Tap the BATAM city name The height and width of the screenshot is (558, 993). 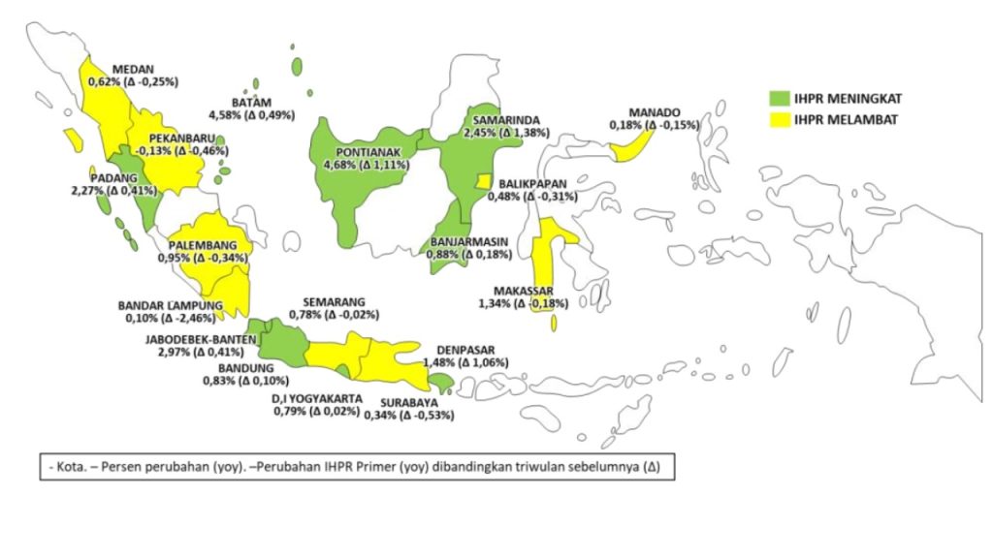[x=251, y=103]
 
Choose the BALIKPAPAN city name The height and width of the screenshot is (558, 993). [x=538, y=183]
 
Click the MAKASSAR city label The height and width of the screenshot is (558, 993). [x=523, y=291]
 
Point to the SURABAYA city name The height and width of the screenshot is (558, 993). [x=408, y=403]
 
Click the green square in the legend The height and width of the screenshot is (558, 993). [x=780, y=99]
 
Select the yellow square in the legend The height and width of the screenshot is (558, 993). [x=780, y=120]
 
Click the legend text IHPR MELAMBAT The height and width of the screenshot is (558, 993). [x=845, y=120]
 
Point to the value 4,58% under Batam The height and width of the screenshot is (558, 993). [x=225, y=116]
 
